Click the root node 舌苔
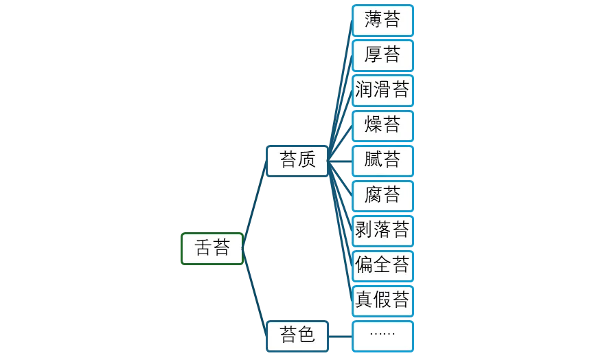coord(212,248)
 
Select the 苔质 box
coord(297,161)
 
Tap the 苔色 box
coord(297,335)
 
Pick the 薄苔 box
coord(382,20)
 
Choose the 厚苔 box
coord(382,55)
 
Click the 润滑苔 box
coord(382,90)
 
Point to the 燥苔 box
coord(382,125)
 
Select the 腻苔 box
coord(382,161)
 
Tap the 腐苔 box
coord(382,196)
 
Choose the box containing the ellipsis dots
coord(382,335)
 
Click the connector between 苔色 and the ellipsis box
coord(340,336)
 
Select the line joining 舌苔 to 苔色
coord(254,292)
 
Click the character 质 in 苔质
coord(307,161)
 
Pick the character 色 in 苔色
coord(307,335)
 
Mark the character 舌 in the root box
coord(203,248)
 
